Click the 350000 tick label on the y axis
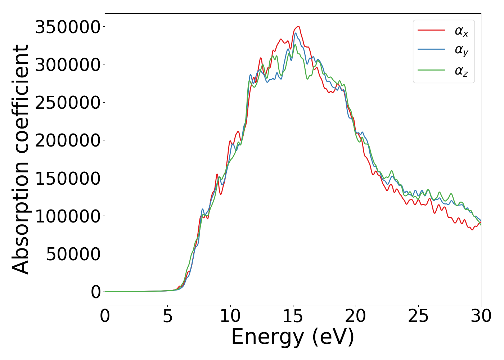point(67,27)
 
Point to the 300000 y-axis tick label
point(67,65)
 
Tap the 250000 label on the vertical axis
point(67,103)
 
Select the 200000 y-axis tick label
point(67,140)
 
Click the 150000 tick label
point(67,178)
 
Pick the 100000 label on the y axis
point(67,216)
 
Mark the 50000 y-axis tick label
point(73,254)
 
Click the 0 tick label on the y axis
point(96,292)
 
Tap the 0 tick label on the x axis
point(105,316)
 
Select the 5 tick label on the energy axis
point(167,316)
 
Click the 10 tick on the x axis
point(230,316)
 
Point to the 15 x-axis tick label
point(293,316)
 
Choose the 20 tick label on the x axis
point(355,316)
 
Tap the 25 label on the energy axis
point(418,316)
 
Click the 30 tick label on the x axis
point(481,316)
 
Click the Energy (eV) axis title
point(293,337)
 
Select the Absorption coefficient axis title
point(21,159)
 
